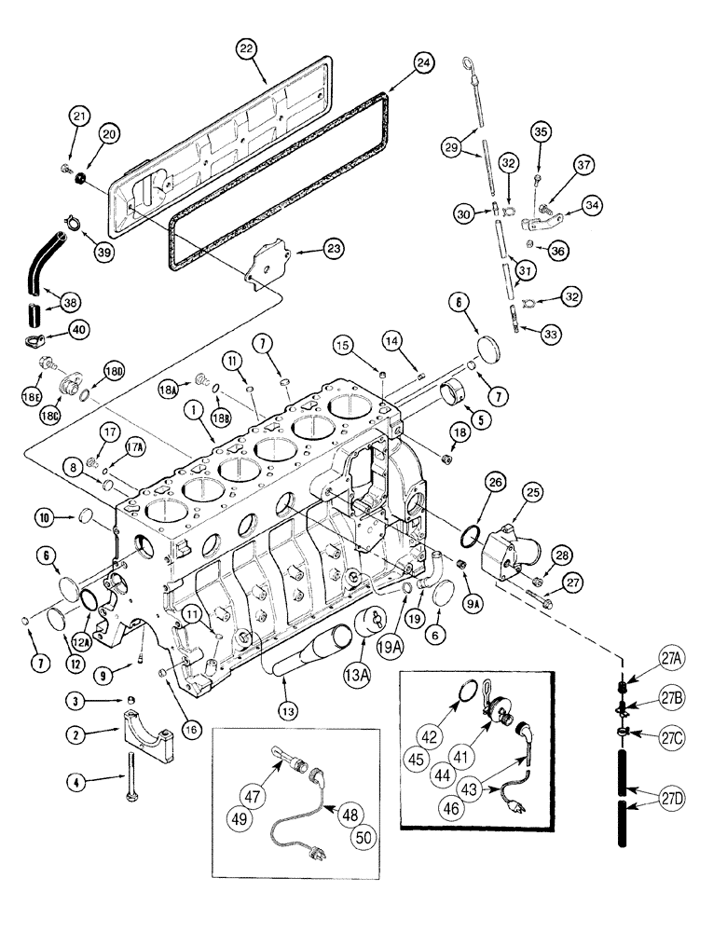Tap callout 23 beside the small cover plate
click(x=332, y=248)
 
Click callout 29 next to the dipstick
click(x=452, y=148)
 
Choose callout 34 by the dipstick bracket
click(x=592, y=203)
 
